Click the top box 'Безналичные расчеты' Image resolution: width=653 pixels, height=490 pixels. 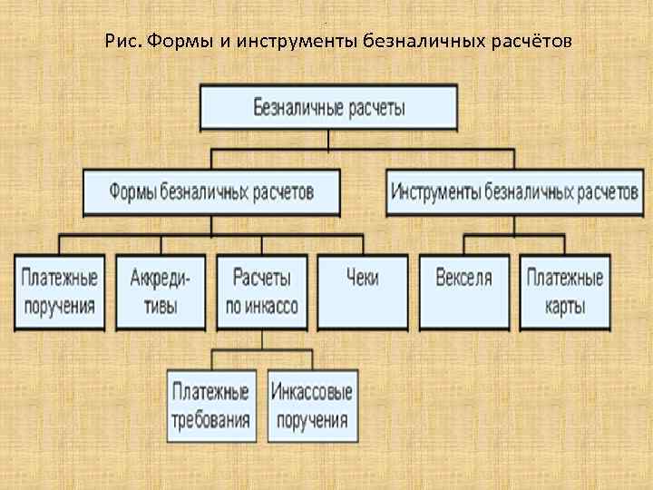[x=328, y=108]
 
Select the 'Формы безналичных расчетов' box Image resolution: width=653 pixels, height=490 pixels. [x=211, y=191]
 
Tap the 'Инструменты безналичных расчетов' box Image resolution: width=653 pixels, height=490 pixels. [x=514, y=191]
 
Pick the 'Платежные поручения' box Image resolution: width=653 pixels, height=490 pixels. [x=60, y=290]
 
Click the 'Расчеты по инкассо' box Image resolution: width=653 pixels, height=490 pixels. [x=261, y=290]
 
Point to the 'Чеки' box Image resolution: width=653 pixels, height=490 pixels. [x=362, y=290]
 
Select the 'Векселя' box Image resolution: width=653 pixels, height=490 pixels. [x=463, y=290]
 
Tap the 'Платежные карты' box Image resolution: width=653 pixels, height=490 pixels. [x=564, y=290]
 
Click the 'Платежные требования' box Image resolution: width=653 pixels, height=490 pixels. [x=211, y=405]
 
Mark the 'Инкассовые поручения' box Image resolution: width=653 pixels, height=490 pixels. [x=311, y=405]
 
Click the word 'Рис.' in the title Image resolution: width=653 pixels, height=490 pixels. [x=122, y=42]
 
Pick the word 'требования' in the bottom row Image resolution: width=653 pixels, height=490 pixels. [x=211, y=420]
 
